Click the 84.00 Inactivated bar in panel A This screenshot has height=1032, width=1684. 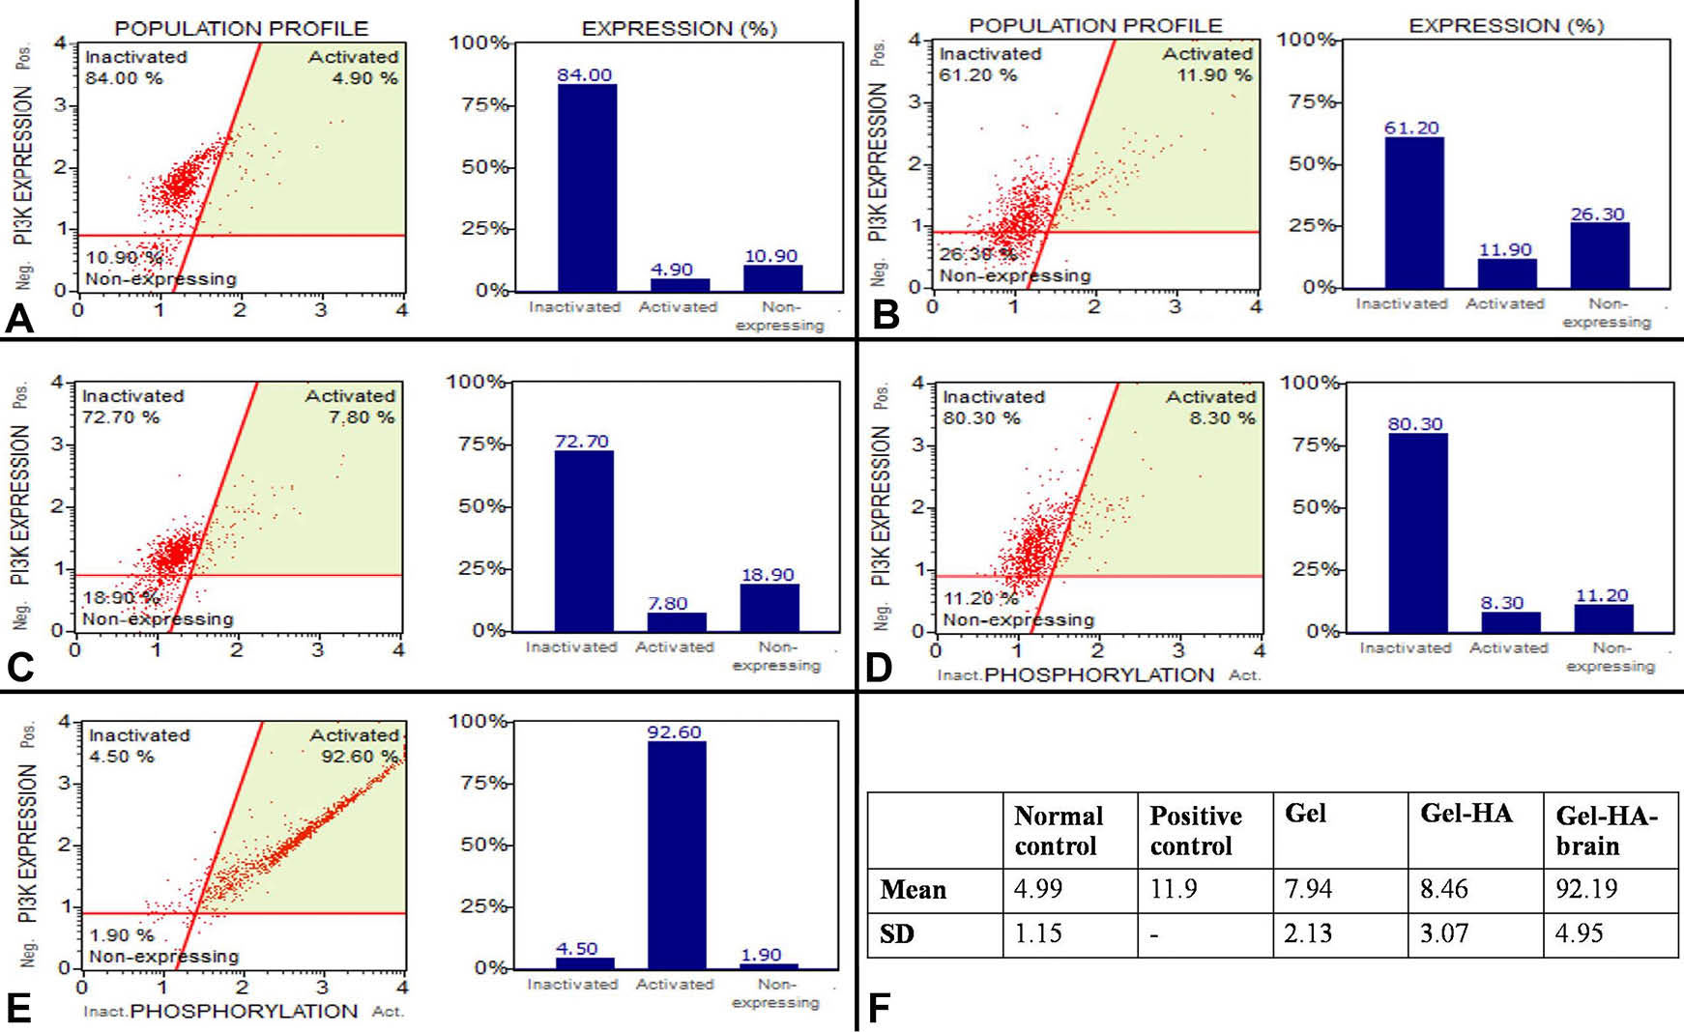[586, 187]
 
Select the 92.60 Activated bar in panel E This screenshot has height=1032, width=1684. [676, 854]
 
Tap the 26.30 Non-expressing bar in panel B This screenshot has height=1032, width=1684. [1599, 255]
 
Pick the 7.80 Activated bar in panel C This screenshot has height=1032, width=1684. [676, 621]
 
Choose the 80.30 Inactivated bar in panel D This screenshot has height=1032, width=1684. [1417, 532]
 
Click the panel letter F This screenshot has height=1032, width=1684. [879, 1008]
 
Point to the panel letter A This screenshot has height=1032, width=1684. [19, 318]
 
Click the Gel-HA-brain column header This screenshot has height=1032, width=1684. [1607, 830]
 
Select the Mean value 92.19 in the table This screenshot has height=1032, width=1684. [1585, 889]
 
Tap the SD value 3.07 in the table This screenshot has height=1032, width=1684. [1443, 933]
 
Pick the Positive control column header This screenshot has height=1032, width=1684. [1195, 830]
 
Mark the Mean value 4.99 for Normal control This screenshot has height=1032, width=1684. [1037, 889]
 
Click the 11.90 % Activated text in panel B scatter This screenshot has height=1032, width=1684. [1213, 75]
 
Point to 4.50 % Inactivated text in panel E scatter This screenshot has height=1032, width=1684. [122, 757]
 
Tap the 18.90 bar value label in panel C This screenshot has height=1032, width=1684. [768, 575]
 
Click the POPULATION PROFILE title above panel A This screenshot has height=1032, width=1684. [242, 28]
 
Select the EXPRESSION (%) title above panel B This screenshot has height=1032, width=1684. [1505, 25]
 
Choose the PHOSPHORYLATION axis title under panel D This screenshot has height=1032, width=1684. [1098, 675]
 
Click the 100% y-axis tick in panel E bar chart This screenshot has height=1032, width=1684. [479, 721]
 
